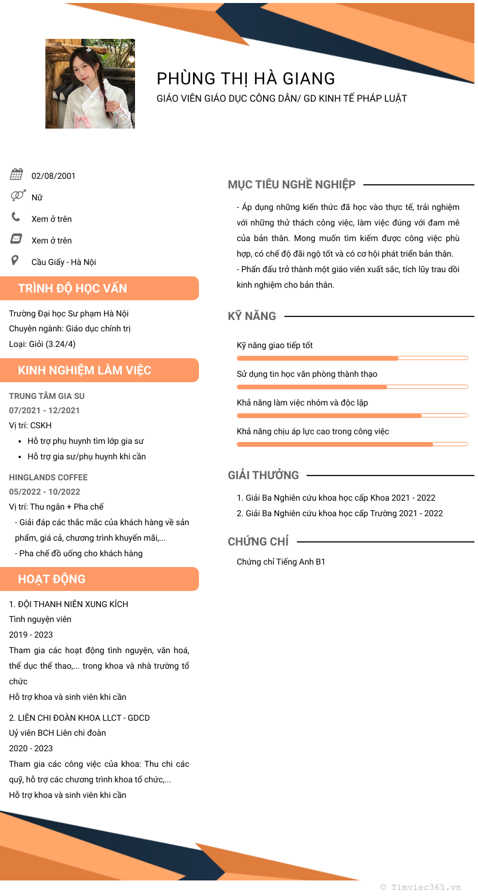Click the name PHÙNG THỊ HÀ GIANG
coord(246,78)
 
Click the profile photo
coord(90,84)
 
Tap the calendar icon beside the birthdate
coord(16,175)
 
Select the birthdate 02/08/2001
coord(54,176)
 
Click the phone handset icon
coord(16,217)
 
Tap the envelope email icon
coord(16,239)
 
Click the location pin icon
coord(15,260)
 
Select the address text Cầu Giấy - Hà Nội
coord(63,262)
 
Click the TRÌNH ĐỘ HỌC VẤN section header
coord(72,288)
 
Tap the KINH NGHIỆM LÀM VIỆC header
coord(84,370)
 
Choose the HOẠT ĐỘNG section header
coord(51,579)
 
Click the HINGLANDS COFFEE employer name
coord(48,477)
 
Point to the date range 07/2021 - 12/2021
coord(44,410)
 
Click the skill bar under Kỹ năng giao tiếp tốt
coord(352,358)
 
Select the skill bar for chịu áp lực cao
coord(352,444)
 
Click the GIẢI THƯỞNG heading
coord(263,476)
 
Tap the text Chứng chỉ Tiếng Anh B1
coord(281,562)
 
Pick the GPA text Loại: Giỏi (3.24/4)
coord(42,344)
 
